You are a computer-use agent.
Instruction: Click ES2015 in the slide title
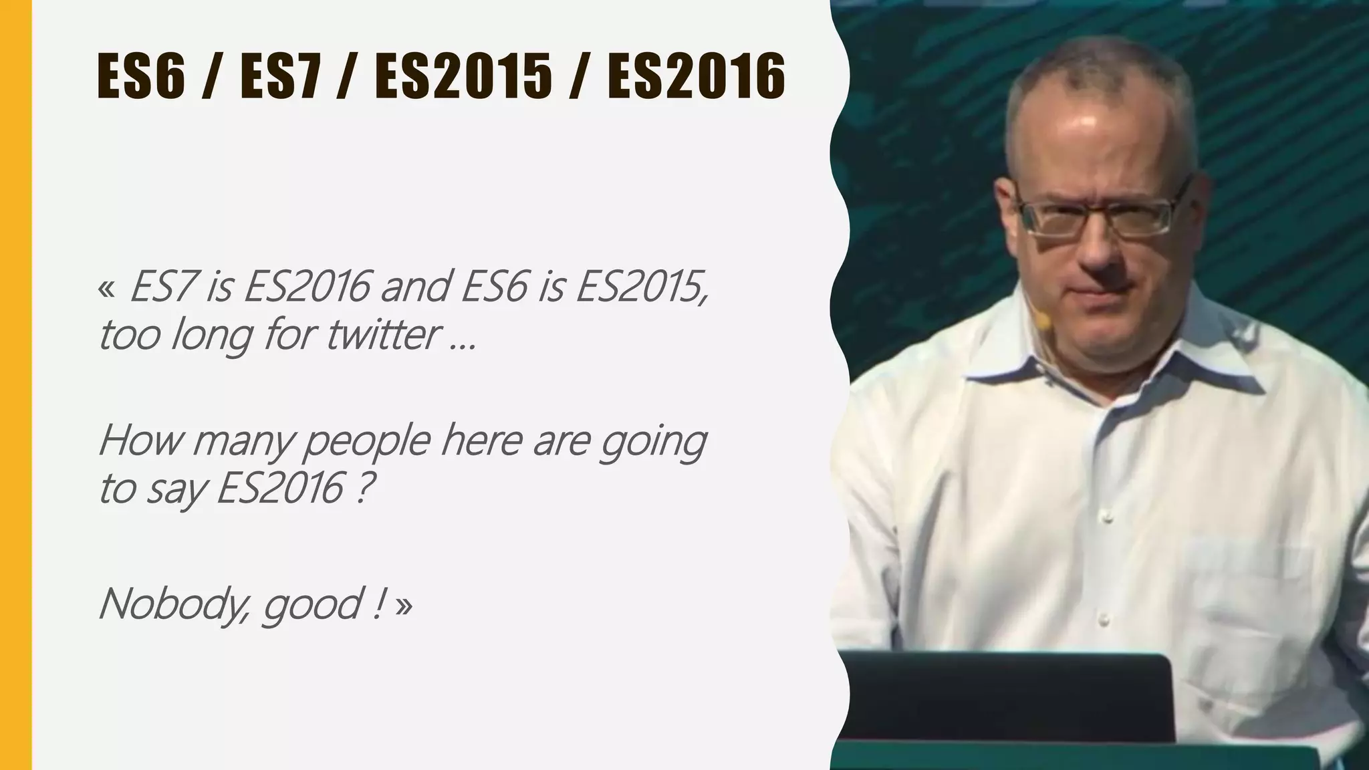pos(464,76)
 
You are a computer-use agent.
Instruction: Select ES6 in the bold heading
pos(140,76)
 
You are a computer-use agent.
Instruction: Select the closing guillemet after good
pos(404,605)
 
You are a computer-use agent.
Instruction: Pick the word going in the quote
pos(652,442)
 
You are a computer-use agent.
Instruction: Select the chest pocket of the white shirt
pos(1243,588)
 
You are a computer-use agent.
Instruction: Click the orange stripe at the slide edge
pos(15,385)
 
